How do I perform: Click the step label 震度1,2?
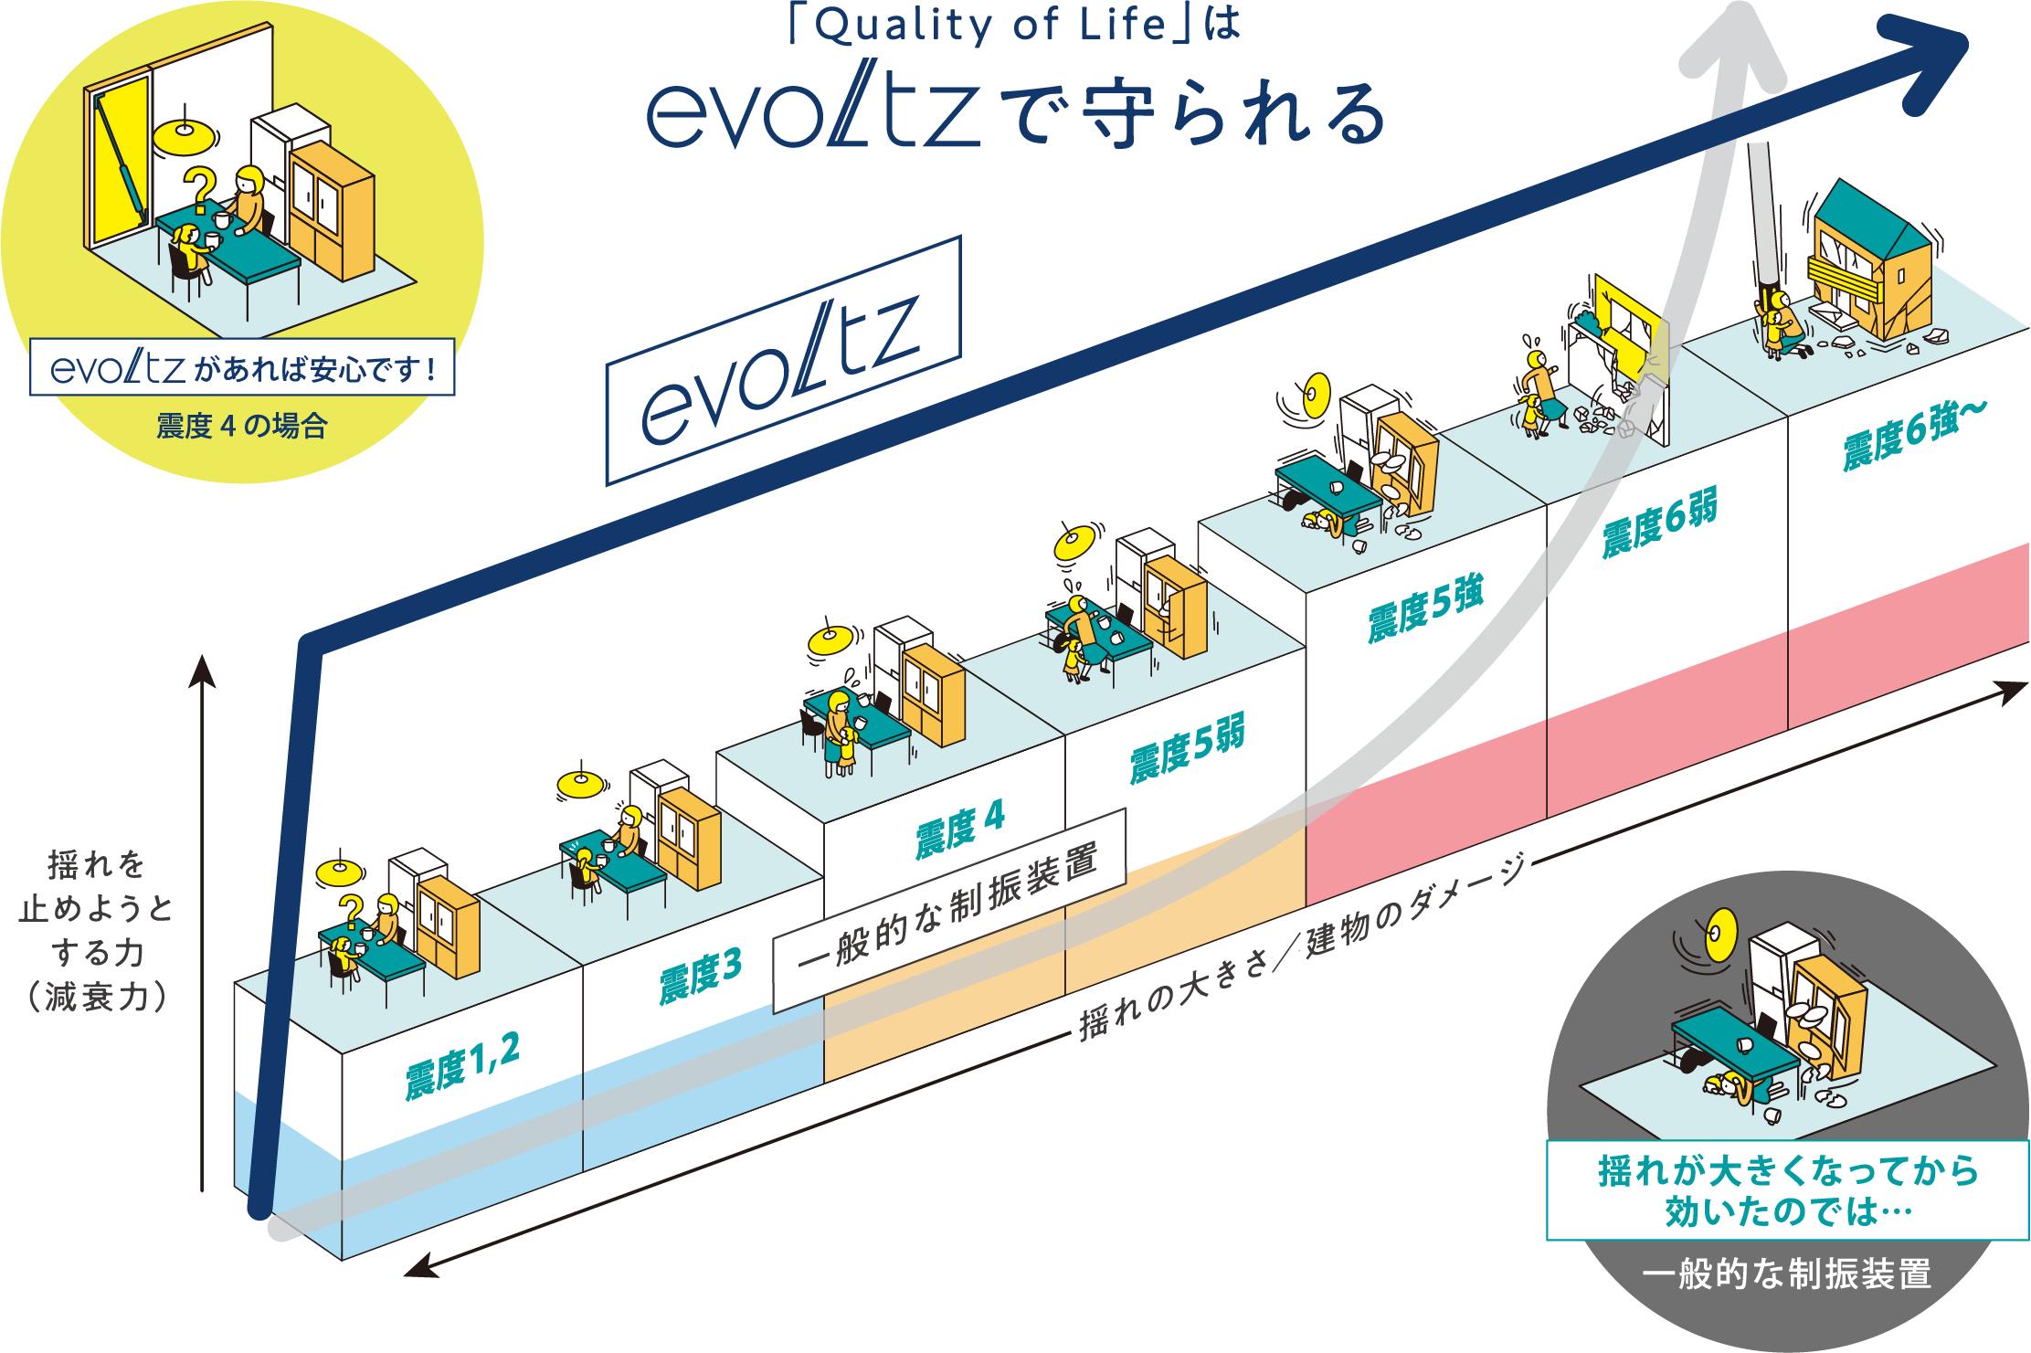click(462, 1065)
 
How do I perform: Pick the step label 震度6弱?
click(1659, 523)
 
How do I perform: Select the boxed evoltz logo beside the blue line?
click(783, 362)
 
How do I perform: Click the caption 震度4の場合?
click(241, 426)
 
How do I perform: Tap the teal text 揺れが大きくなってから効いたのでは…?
click(1787, 1190)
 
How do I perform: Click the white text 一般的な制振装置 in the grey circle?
click(1787, 1274)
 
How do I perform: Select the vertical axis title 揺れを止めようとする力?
click(97, 930)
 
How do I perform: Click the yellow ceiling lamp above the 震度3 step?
click(581, 784)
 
